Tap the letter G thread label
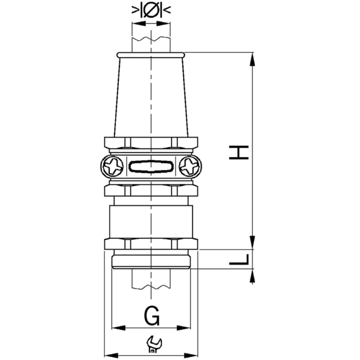pyautogui.click(x=152, y=314)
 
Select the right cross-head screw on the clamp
pyautogui.click(x=191, y=165)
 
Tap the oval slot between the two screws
pyautogui.click(x=152, y=165)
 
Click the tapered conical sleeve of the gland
pyautogui.click(x=152, y=96)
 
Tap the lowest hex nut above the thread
pyautogui.click(x=152, y=243)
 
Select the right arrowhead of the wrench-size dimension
pyautogui.click(x=196, y=353)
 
